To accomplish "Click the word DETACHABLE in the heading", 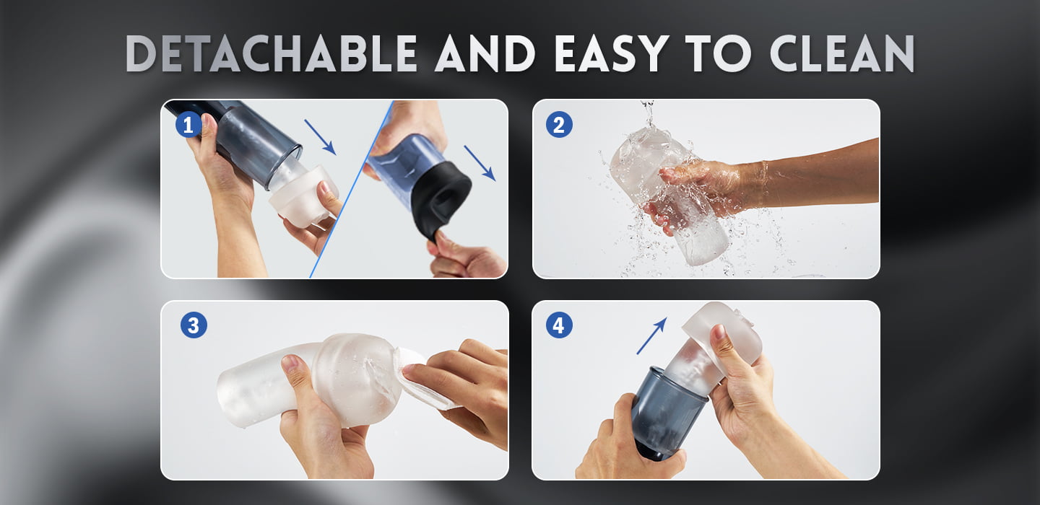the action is click(272, 53).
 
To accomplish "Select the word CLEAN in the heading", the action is click(842, 53).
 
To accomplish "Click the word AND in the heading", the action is click(485, 53).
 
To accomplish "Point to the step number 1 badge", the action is click(188, 126).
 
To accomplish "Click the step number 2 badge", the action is click(559, 125).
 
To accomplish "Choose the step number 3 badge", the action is click(194, 325).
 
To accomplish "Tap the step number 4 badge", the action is click(559, 325).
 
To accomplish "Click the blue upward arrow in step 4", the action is click(652, 335).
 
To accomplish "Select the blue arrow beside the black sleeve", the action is click(480, 163).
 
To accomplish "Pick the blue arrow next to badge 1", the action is click(320, 137).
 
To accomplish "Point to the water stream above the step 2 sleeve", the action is click(648, 113).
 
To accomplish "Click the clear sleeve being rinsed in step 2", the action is click(669, 195).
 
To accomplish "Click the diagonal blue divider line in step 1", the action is click(352, 189).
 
